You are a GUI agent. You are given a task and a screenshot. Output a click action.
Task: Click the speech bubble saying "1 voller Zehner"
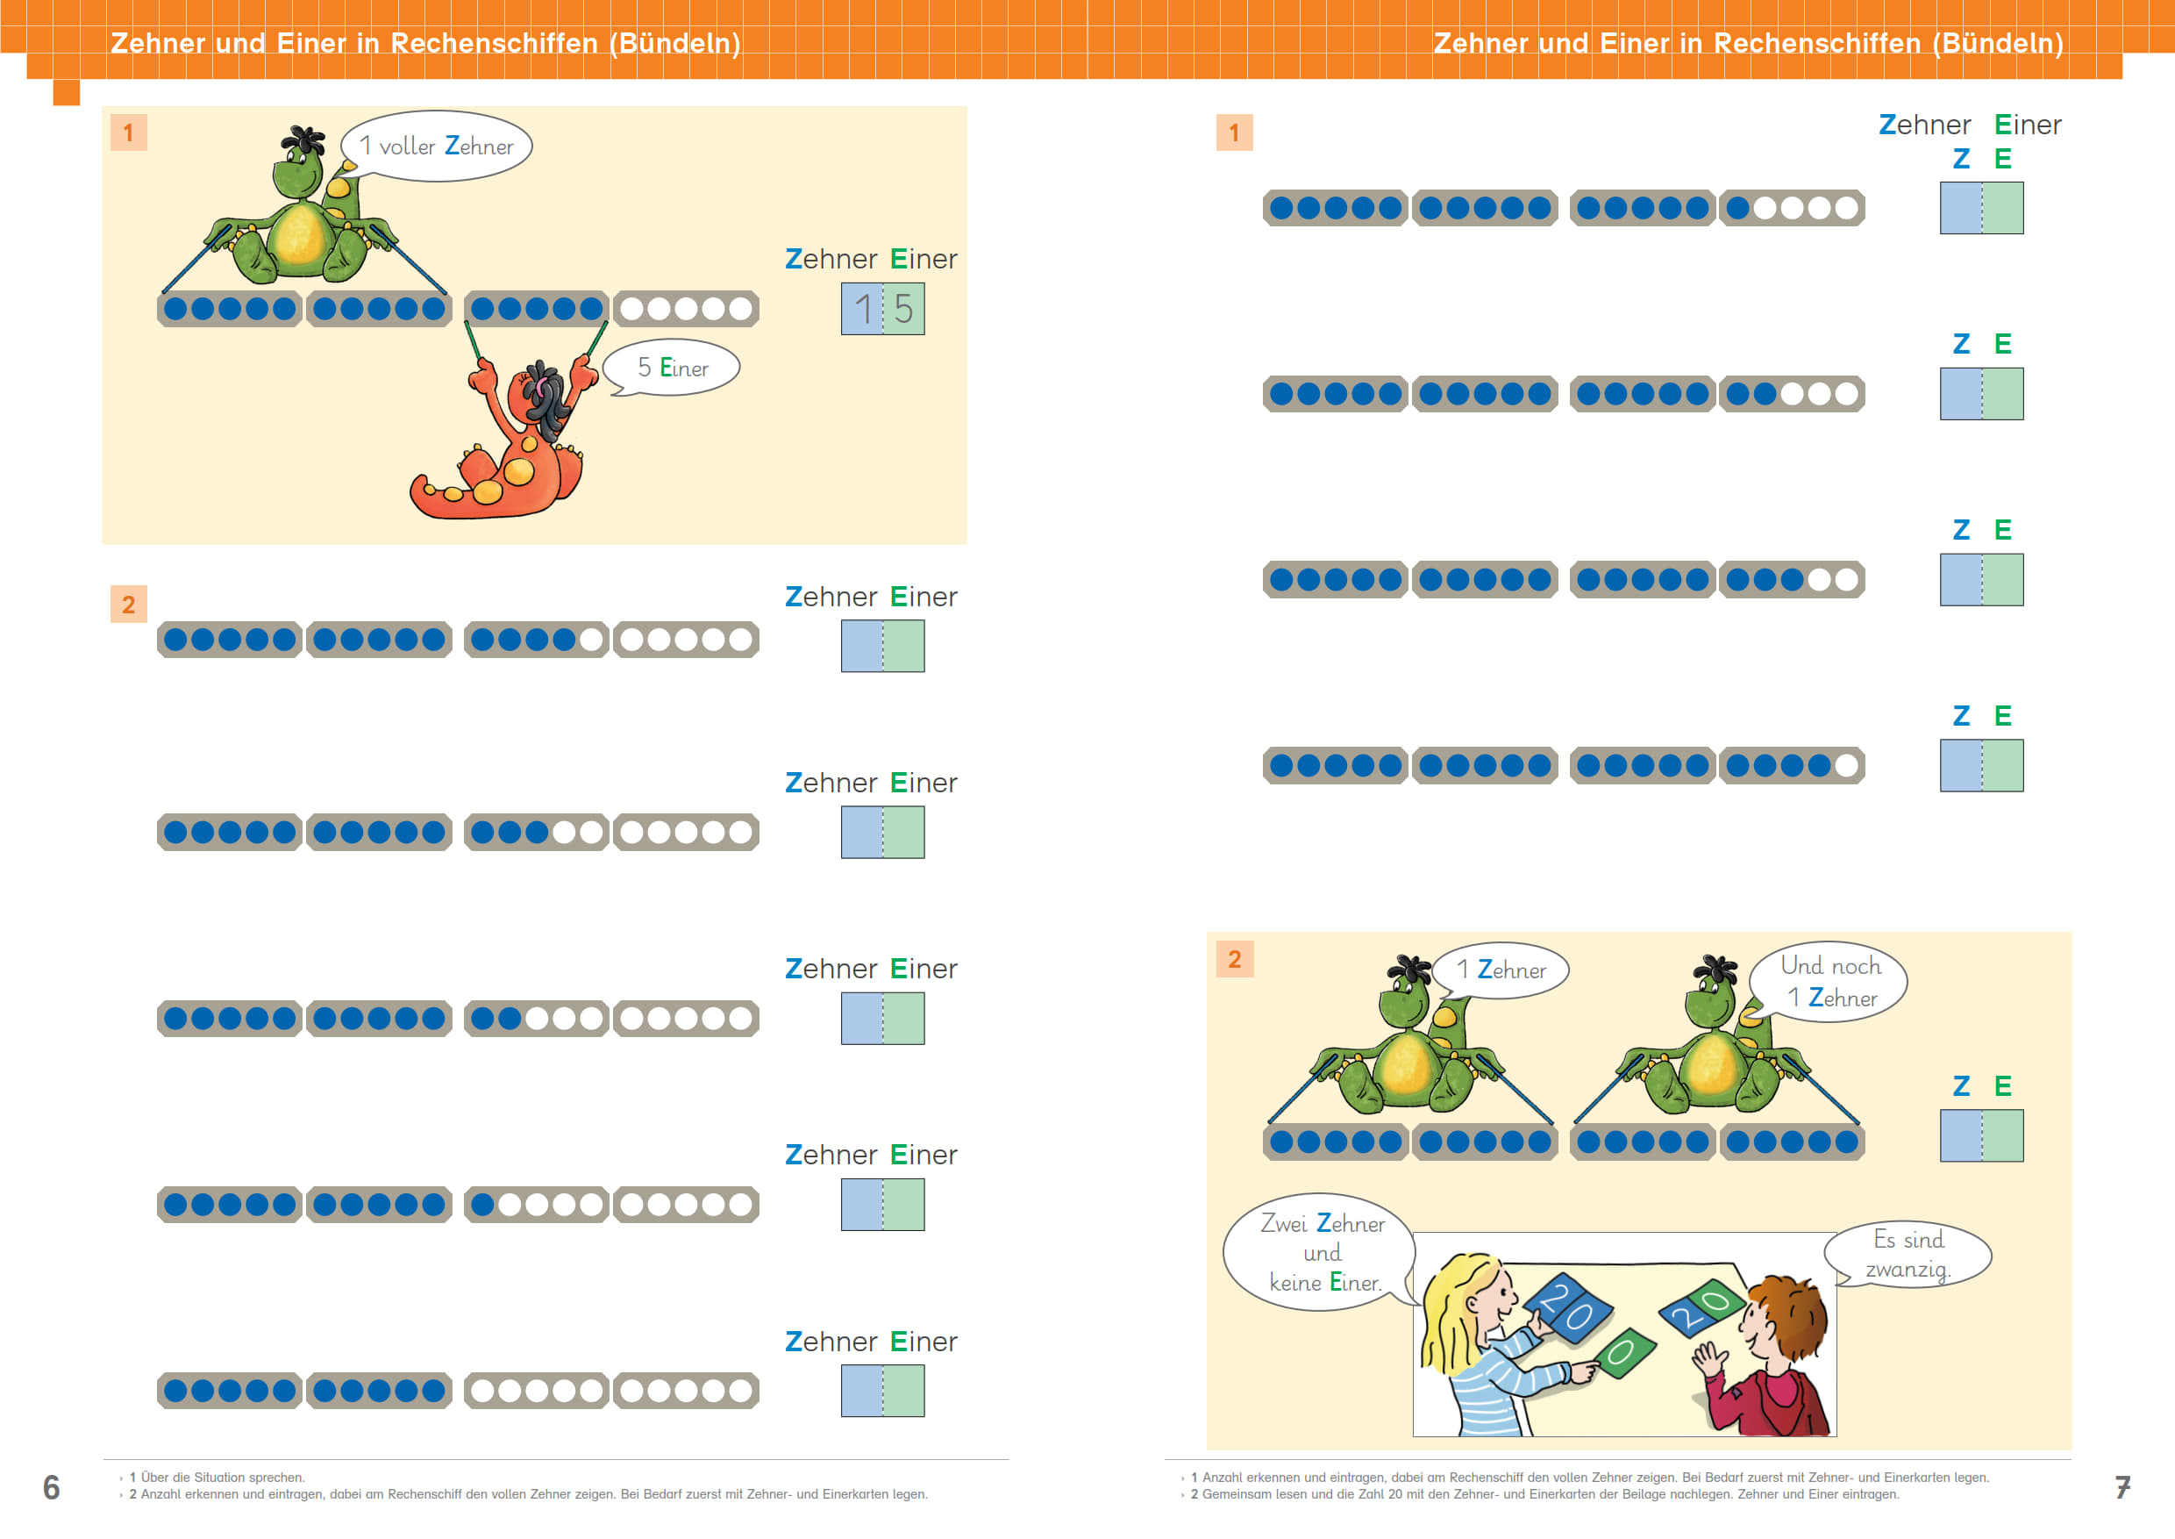tap(436, 146)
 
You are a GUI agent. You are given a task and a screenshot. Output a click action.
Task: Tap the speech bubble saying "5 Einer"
tap(672, 367)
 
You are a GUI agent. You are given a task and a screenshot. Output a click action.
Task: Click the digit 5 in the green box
tap(903, 309)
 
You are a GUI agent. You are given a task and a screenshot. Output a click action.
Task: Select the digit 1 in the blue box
tap(863, 309)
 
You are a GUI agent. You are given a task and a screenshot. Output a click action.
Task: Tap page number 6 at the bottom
tap(51, 1487)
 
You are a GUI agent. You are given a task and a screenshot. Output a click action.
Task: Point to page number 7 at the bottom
tap(2123, 1487)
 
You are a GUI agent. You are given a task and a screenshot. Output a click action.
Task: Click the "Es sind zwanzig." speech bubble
tap(1908, 1254)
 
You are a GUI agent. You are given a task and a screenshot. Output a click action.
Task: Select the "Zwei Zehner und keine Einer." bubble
tap(1321, 1252)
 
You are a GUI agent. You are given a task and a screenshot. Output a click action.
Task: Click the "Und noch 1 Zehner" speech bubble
tap(1829, 982)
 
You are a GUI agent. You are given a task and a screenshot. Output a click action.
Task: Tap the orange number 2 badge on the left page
tap(129, 605)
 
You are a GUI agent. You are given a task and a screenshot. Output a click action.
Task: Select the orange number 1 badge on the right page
tap(1234, 132)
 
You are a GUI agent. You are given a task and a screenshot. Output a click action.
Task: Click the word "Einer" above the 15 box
tap(923, 259)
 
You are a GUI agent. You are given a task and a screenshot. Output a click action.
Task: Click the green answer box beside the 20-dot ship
tap(2002, 1135)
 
